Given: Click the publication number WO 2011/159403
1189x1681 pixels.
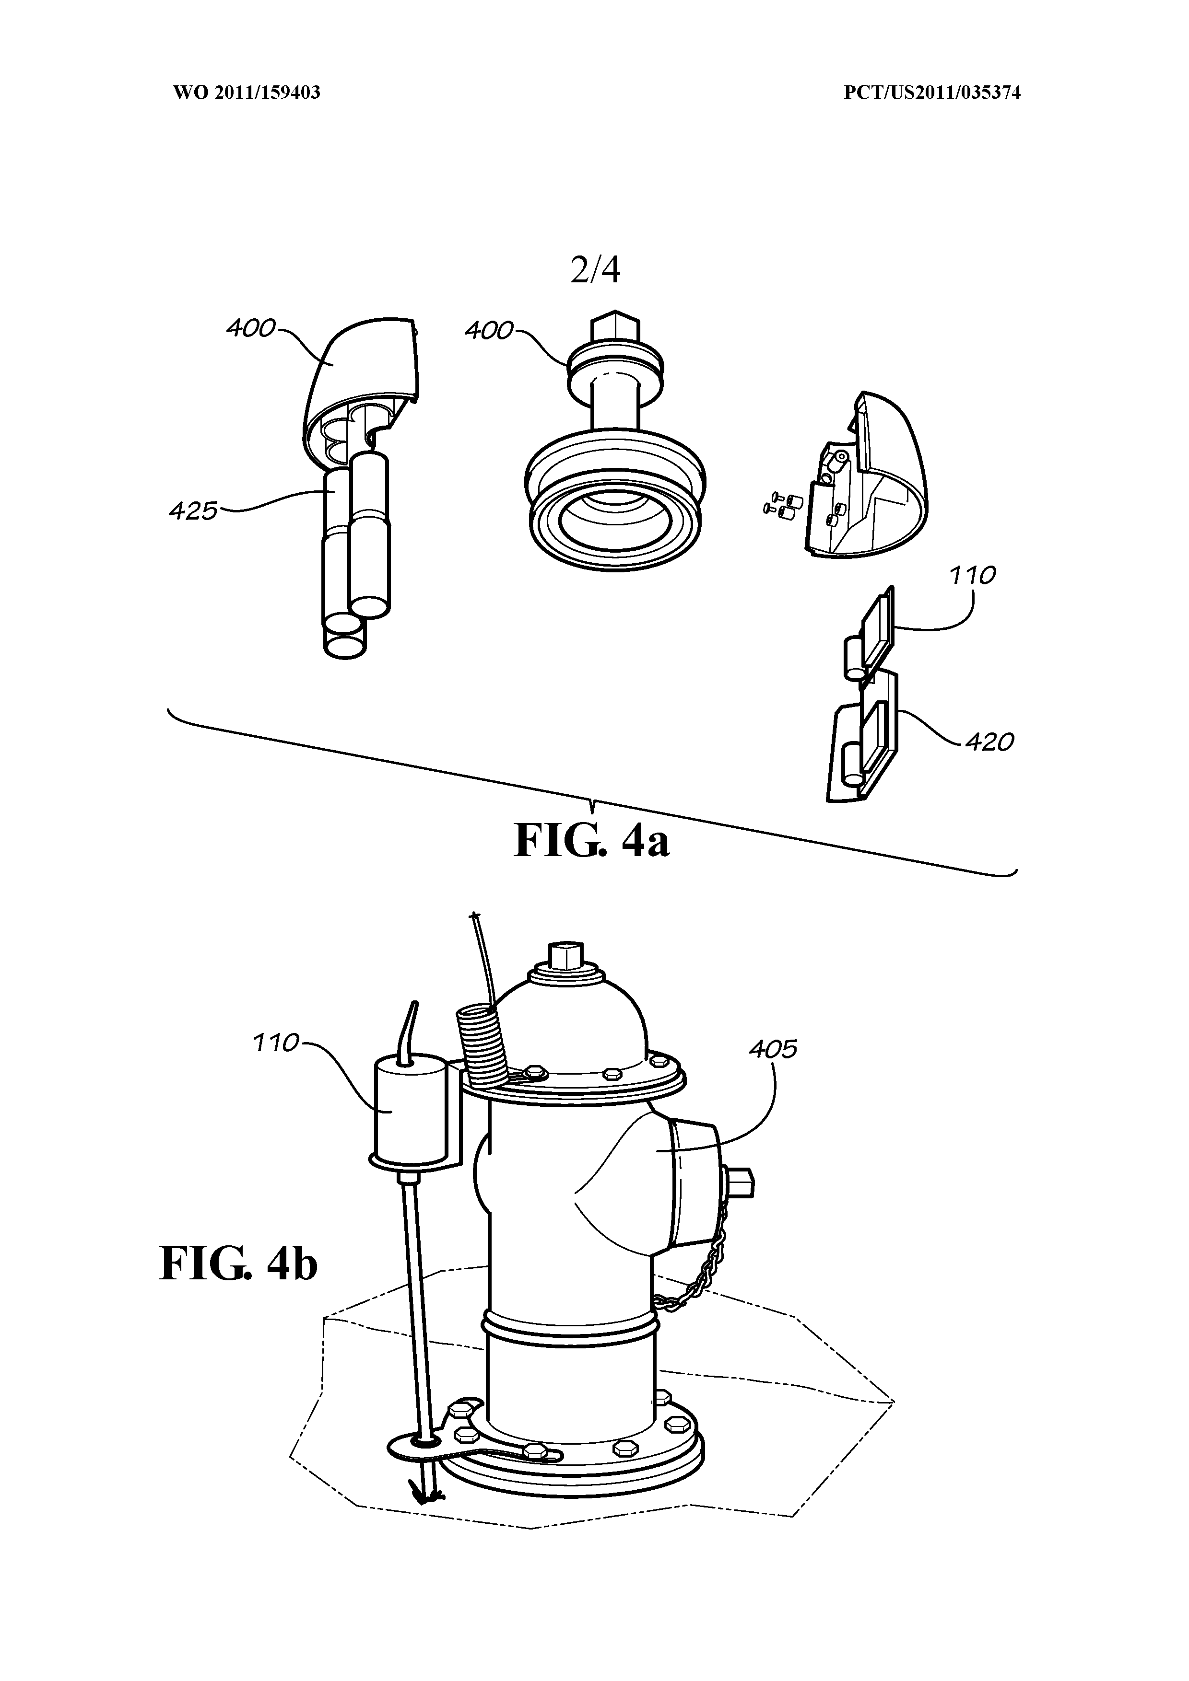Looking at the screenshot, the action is [x=247, y=93].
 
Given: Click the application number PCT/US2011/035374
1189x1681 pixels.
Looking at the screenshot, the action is [x=932, y=93].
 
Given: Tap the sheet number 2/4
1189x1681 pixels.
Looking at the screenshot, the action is [x=595, y=270].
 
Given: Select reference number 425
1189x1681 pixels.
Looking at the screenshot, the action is [x=193, y=510].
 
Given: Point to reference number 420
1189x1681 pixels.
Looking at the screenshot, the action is [x=989, y=742].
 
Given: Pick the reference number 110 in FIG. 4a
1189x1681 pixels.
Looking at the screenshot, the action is [x=972, y=576].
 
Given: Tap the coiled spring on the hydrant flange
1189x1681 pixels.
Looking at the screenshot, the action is [x=482, y=1045].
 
